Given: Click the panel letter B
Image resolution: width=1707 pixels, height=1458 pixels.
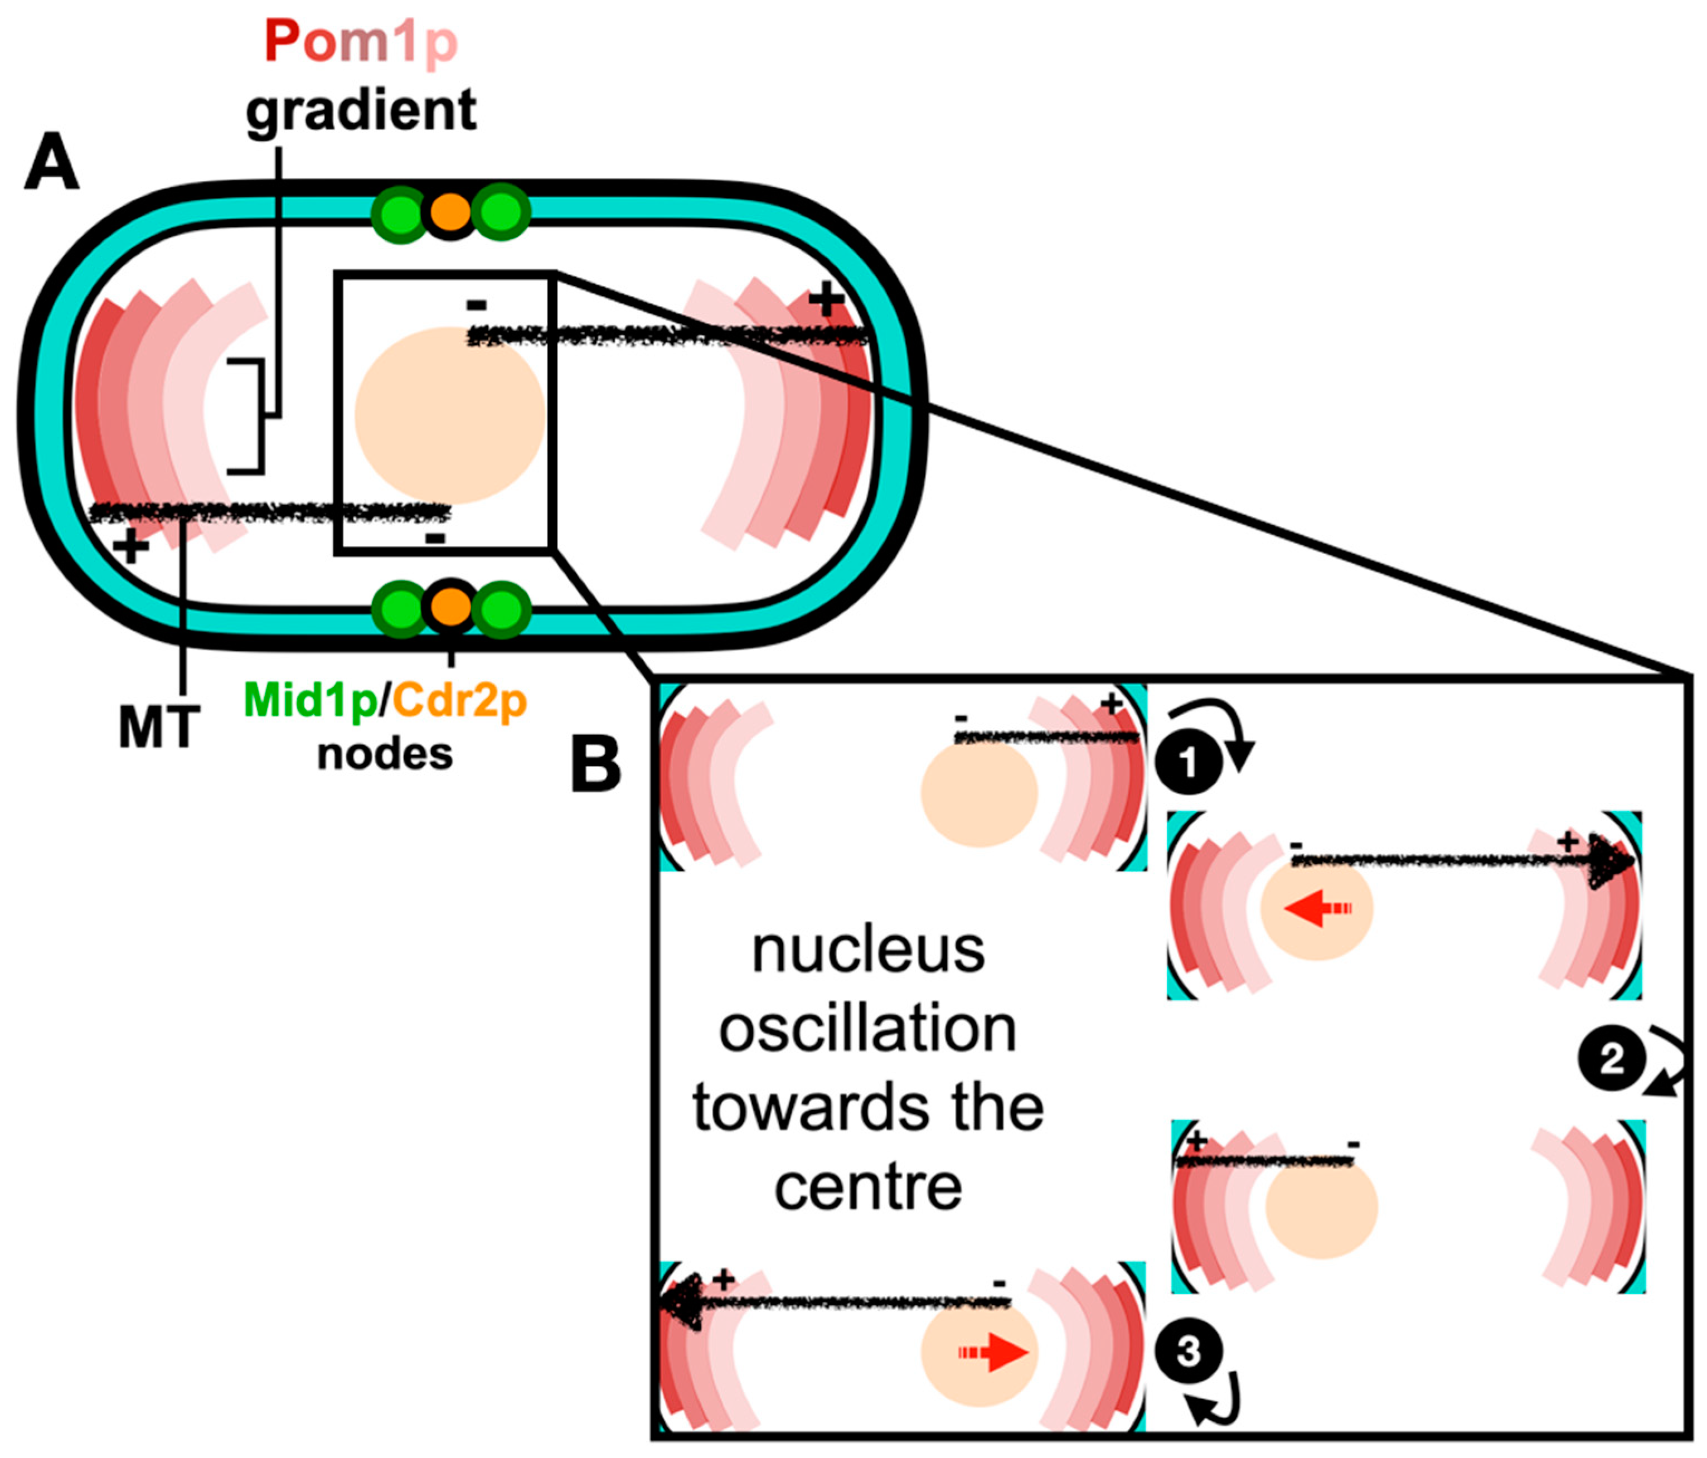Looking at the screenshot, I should (595, 764).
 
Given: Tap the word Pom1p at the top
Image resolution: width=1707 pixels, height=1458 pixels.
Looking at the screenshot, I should (361, 41).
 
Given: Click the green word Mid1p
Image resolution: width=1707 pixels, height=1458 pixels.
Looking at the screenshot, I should (310, 701).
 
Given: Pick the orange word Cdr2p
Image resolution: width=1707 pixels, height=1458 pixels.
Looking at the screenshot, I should (460, 701).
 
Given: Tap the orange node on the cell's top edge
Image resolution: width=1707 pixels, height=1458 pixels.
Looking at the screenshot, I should (450, 212).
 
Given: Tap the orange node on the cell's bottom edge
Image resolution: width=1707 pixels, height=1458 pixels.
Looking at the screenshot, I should (450, 607).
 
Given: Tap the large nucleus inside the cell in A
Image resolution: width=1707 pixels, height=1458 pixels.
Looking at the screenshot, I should (450, 415).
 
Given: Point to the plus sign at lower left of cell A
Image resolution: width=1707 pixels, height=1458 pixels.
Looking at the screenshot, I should (130, 545).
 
